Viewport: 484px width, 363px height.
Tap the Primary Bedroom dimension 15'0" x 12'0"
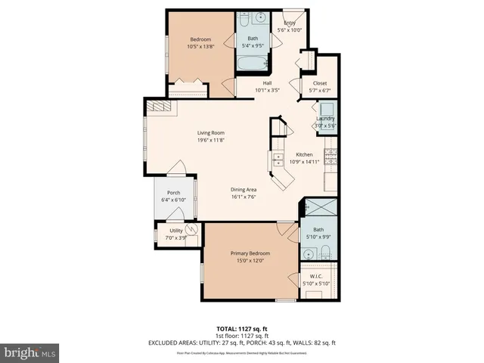[250, 261]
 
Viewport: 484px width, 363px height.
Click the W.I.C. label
[317, 275]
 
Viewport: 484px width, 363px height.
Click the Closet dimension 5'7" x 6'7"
[319, 90]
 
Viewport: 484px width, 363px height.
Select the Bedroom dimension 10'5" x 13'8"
[200, 46]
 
